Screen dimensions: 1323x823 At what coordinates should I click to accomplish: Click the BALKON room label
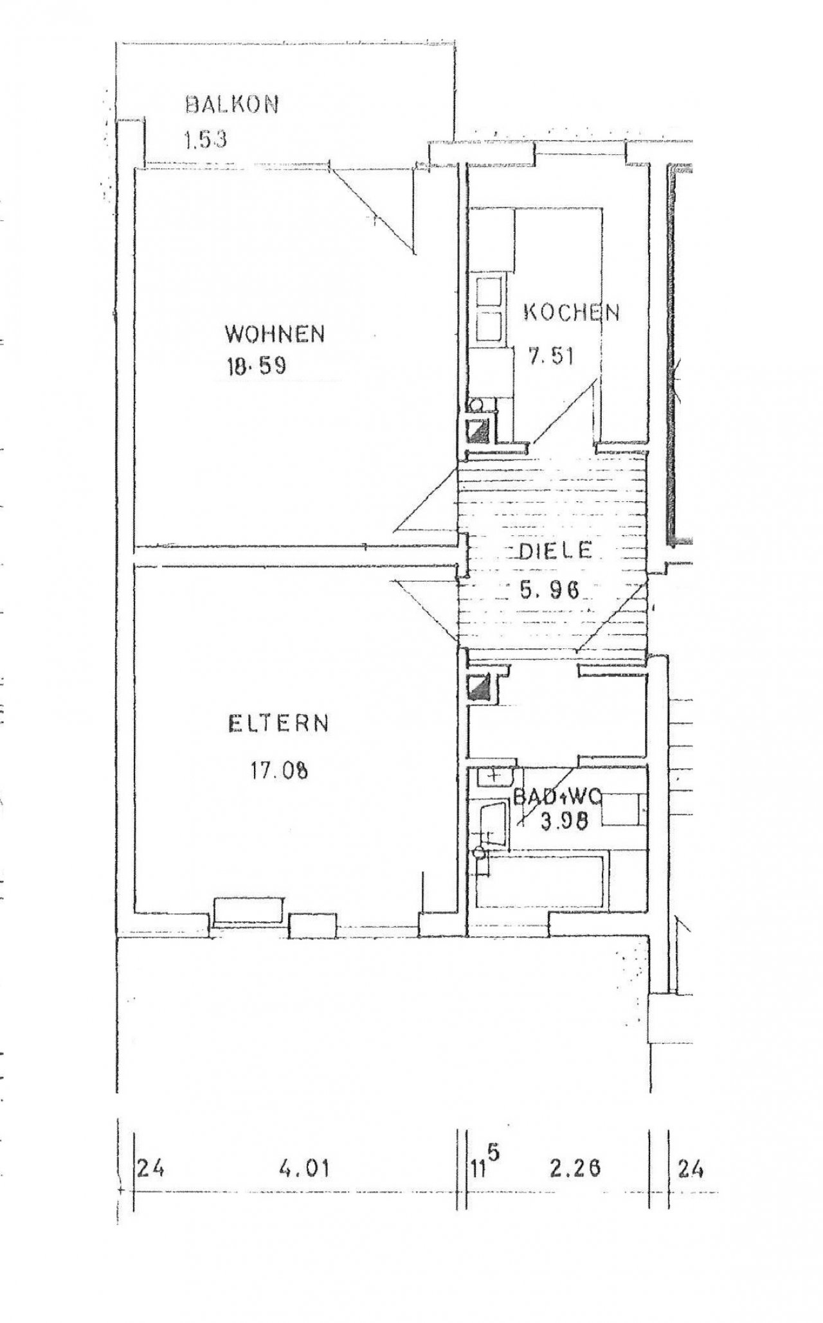[231, 105]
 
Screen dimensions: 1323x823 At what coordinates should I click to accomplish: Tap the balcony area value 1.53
[205, 140]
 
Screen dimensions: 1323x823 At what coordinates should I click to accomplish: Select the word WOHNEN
[275, 334]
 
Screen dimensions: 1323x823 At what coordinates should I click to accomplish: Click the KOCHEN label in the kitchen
[572, 313]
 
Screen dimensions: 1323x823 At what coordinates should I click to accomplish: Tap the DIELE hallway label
[555, 551]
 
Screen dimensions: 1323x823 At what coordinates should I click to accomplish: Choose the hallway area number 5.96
[550, 588]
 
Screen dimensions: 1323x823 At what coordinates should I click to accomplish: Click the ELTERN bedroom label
[278, 724]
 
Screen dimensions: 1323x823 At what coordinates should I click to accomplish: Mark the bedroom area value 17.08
[278, 770]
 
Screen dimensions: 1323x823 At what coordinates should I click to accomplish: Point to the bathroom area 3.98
[564, 822]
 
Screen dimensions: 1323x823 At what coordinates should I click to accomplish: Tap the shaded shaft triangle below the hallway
[480, 690]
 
